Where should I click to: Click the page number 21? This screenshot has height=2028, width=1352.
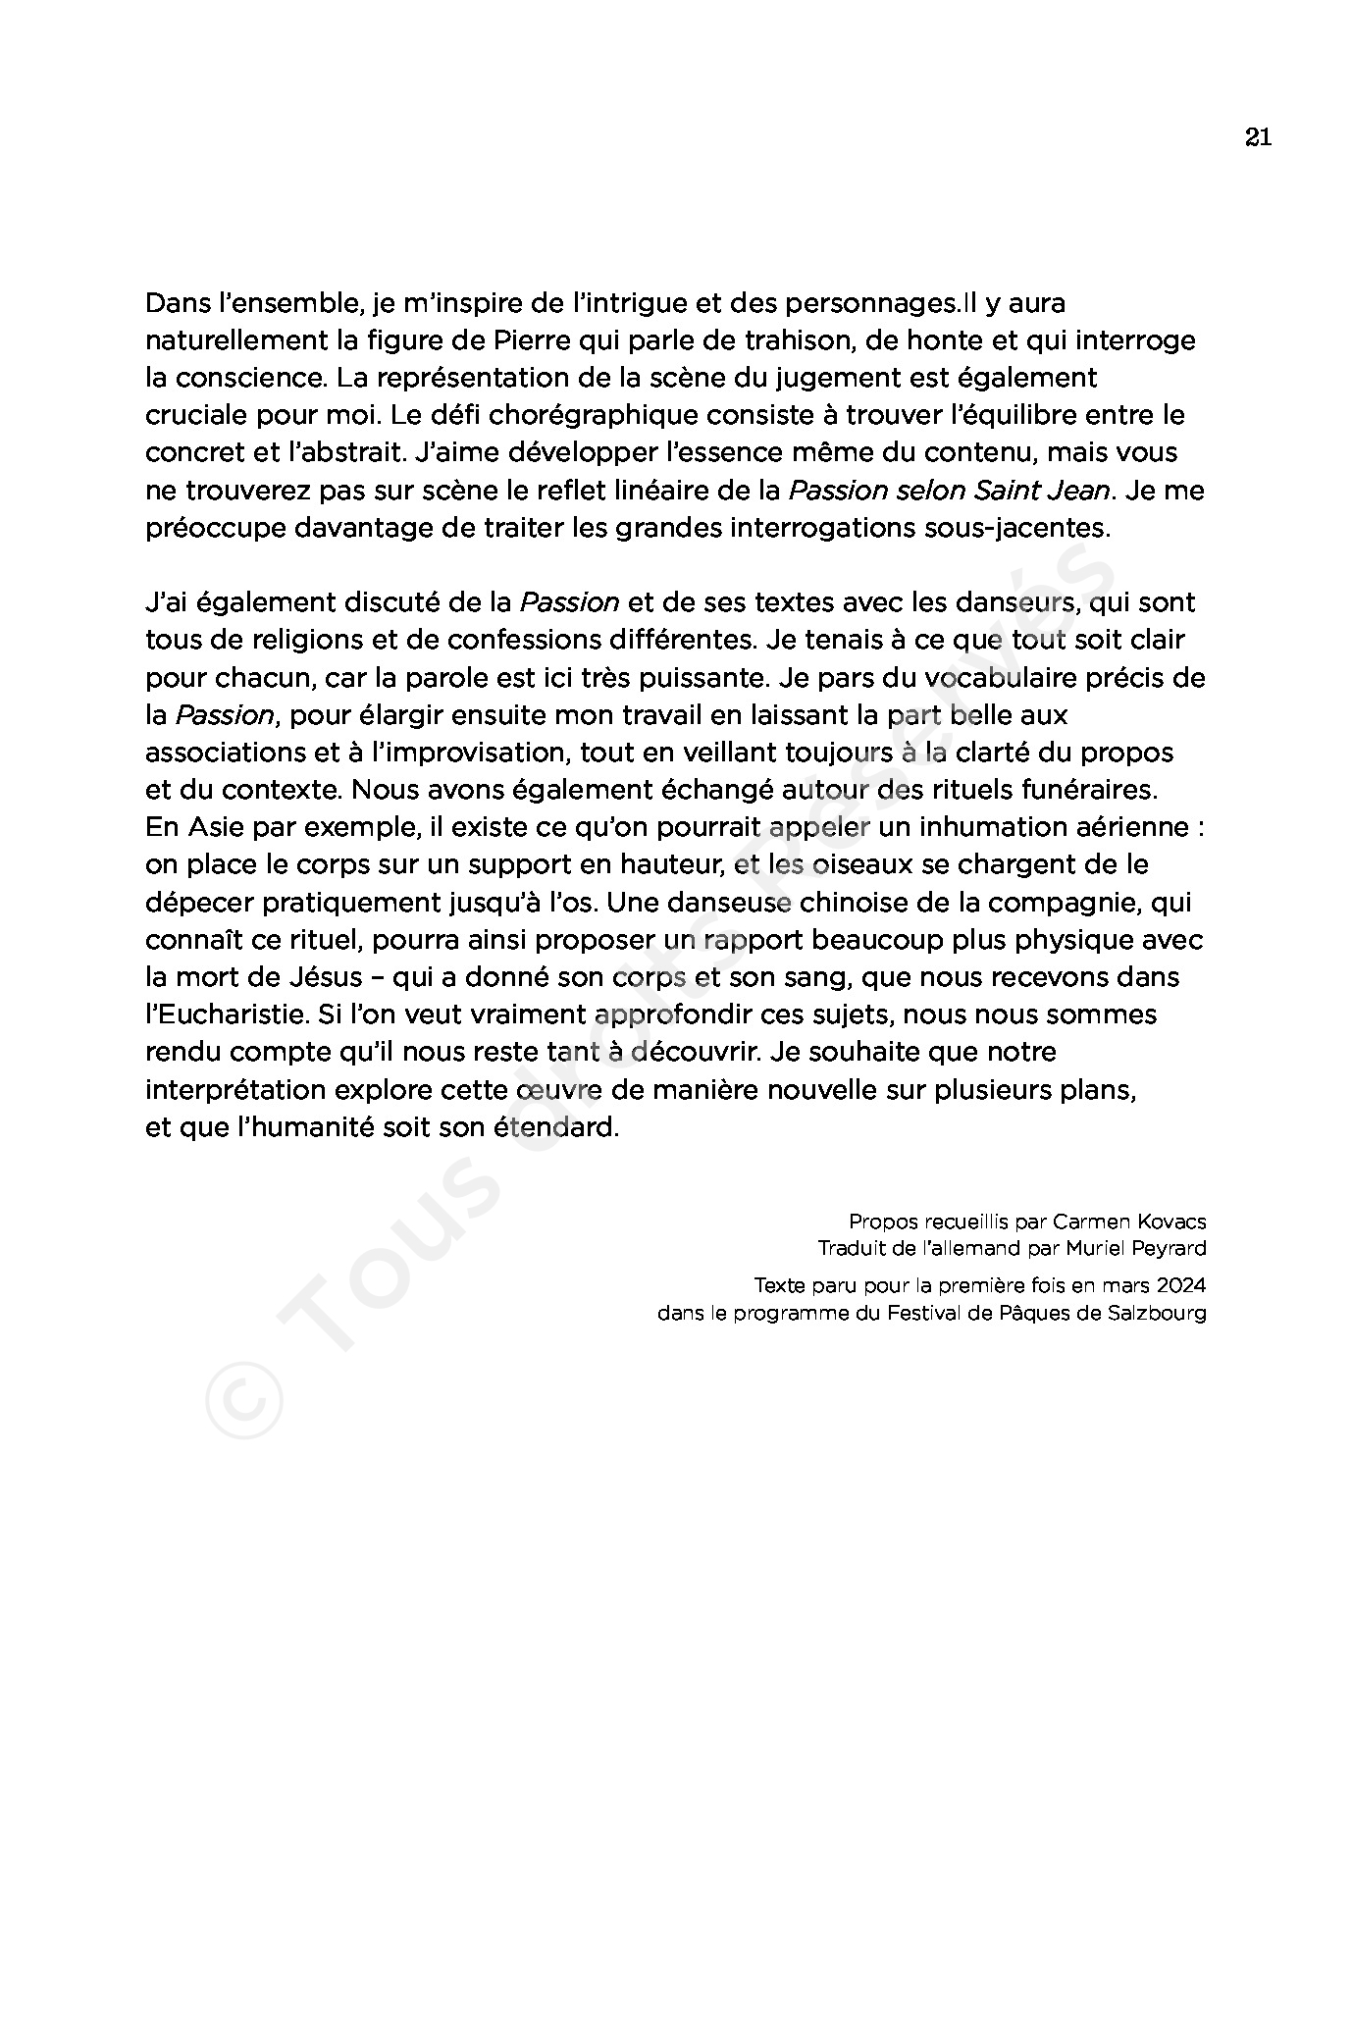(x=1258, y=137)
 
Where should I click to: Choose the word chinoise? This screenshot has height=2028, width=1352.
(x=882, y=902)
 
